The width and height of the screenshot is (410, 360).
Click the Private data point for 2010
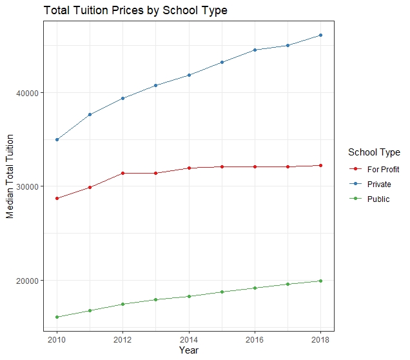point(57,139)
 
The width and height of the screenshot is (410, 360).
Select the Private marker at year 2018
point(320,35)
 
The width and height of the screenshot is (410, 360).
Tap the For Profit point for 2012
point(122,173)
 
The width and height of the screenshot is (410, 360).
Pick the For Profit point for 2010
point(57,198)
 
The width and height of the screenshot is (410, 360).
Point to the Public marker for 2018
point(320,281)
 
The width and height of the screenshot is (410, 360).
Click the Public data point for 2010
point(57,317)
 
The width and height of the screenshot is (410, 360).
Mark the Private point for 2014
point(189,75)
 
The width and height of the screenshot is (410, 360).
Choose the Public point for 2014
point(189,296)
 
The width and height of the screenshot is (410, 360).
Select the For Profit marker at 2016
point(255,166)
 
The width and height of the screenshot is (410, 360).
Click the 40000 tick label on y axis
point(27,93)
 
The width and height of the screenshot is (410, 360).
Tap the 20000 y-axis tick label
point(27,281)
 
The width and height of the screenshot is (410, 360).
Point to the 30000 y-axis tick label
point(27,186)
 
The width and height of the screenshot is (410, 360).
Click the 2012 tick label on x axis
point(122,340)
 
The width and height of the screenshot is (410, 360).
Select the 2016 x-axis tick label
point(255,340)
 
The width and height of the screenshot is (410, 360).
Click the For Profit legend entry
point(383,169)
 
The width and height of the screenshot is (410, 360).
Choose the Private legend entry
point(379,185)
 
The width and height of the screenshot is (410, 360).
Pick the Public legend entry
point(378,199)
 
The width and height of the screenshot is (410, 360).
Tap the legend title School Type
point(374,153)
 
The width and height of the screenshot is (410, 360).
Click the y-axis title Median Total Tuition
point(10,177)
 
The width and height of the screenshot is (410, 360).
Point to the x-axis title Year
point(189,351)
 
